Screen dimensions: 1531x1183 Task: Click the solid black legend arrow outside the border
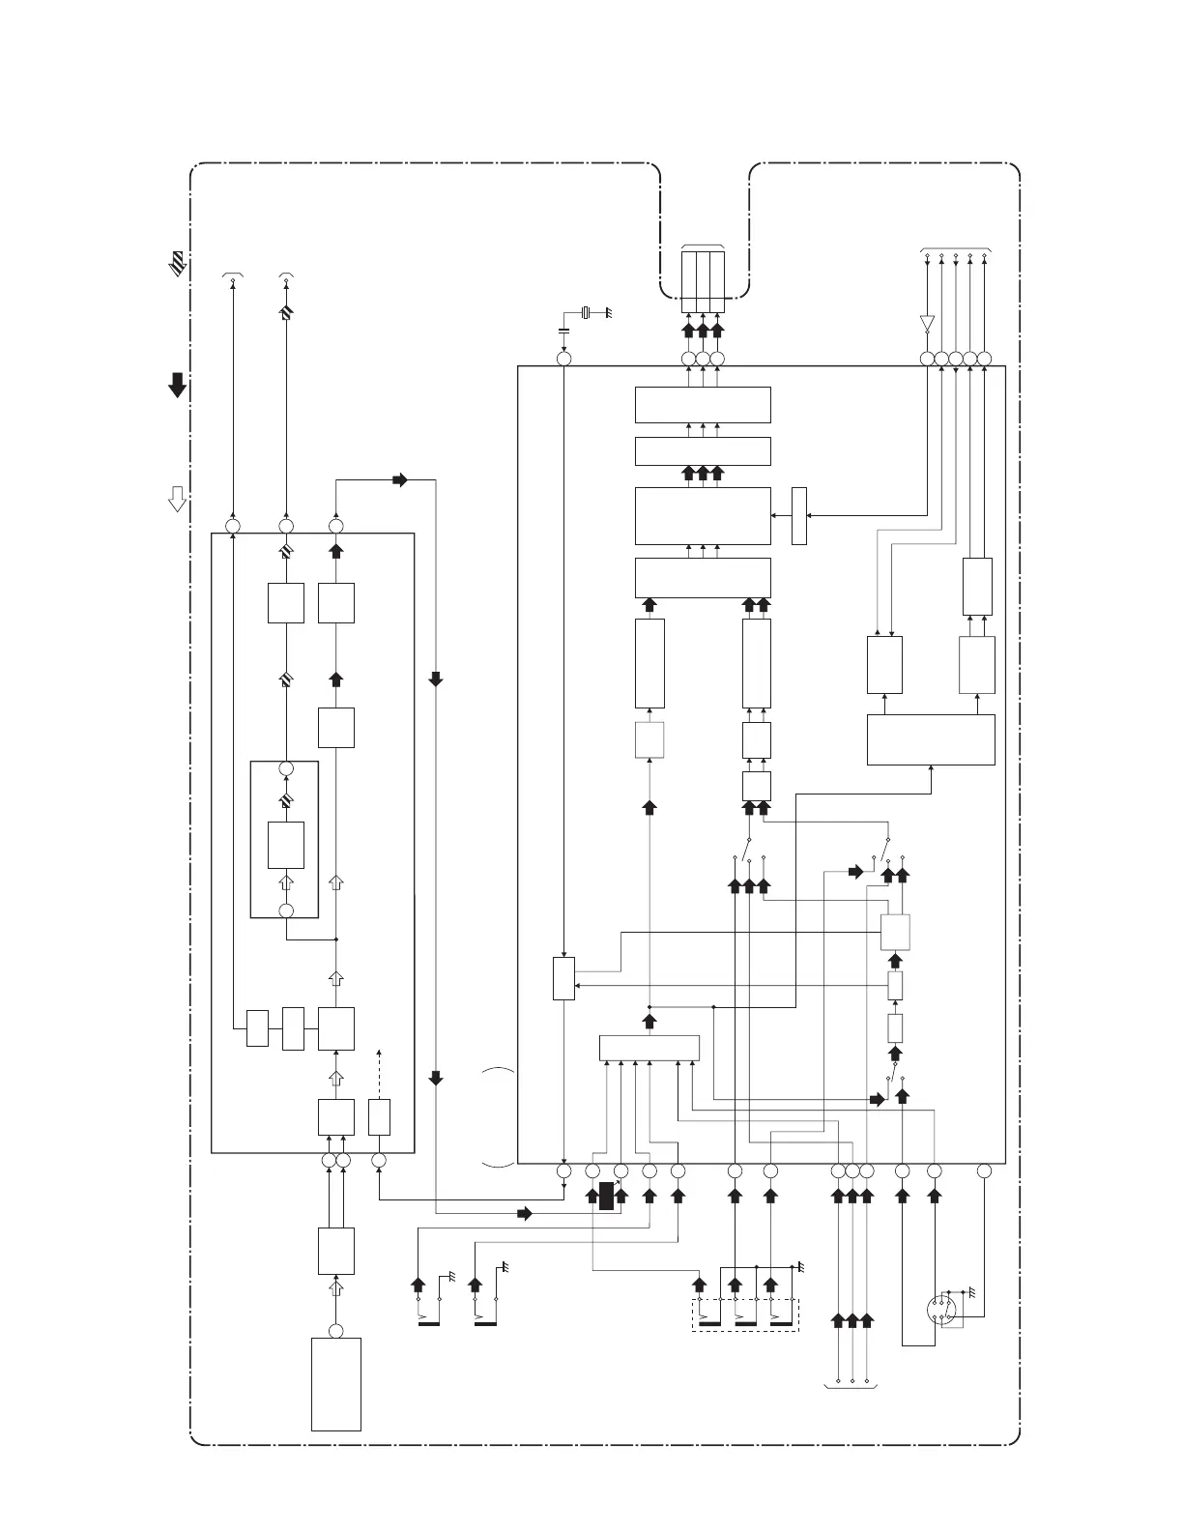[178, 385]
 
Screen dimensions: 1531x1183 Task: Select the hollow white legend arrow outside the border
[178, 499]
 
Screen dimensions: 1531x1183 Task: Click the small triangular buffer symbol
[927, 322]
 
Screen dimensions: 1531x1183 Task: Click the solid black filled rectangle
[606, 1196]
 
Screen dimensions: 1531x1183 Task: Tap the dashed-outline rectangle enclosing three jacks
[745, 1315]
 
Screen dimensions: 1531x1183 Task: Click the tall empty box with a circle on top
[336, 1383]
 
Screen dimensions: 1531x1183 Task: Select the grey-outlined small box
[649, 740]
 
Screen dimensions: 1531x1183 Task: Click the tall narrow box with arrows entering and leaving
[799, 516]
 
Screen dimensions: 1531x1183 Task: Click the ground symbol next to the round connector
[970, 1292]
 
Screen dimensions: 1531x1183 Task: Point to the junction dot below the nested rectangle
[336, 939]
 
